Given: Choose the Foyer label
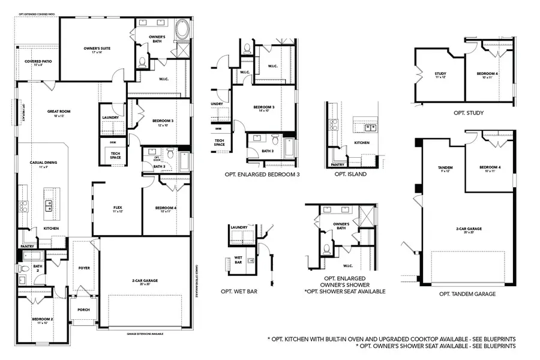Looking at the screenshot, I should click(x=84, y=268).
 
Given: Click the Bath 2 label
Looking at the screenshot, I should click(x=37, y=266).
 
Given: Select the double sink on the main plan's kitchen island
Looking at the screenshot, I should click(x=49, y=206).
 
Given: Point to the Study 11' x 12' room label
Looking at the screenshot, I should click(x=440, y=76).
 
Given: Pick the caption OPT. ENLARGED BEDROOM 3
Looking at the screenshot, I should click(x=262, y=175).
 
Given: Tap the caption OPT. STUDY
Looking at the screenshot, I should click(x=469, y=112).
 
